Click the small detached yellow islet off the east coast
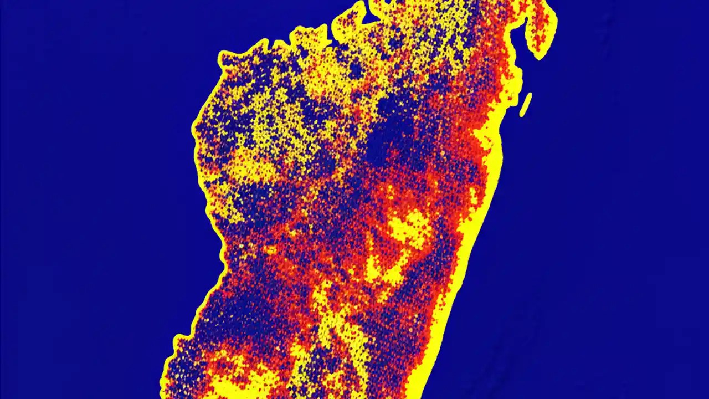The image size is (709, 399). (525, 105)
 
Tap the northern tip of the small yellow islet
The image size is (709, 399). (530, 95)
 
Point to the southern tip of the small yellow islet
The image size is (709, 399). (521, 115)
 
